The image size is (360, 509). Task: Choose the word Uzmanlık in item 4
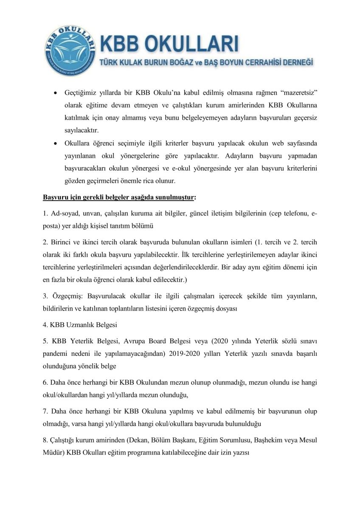(x=80, y=325)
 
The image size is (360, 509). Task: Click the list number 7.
(x=45, y=411)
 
